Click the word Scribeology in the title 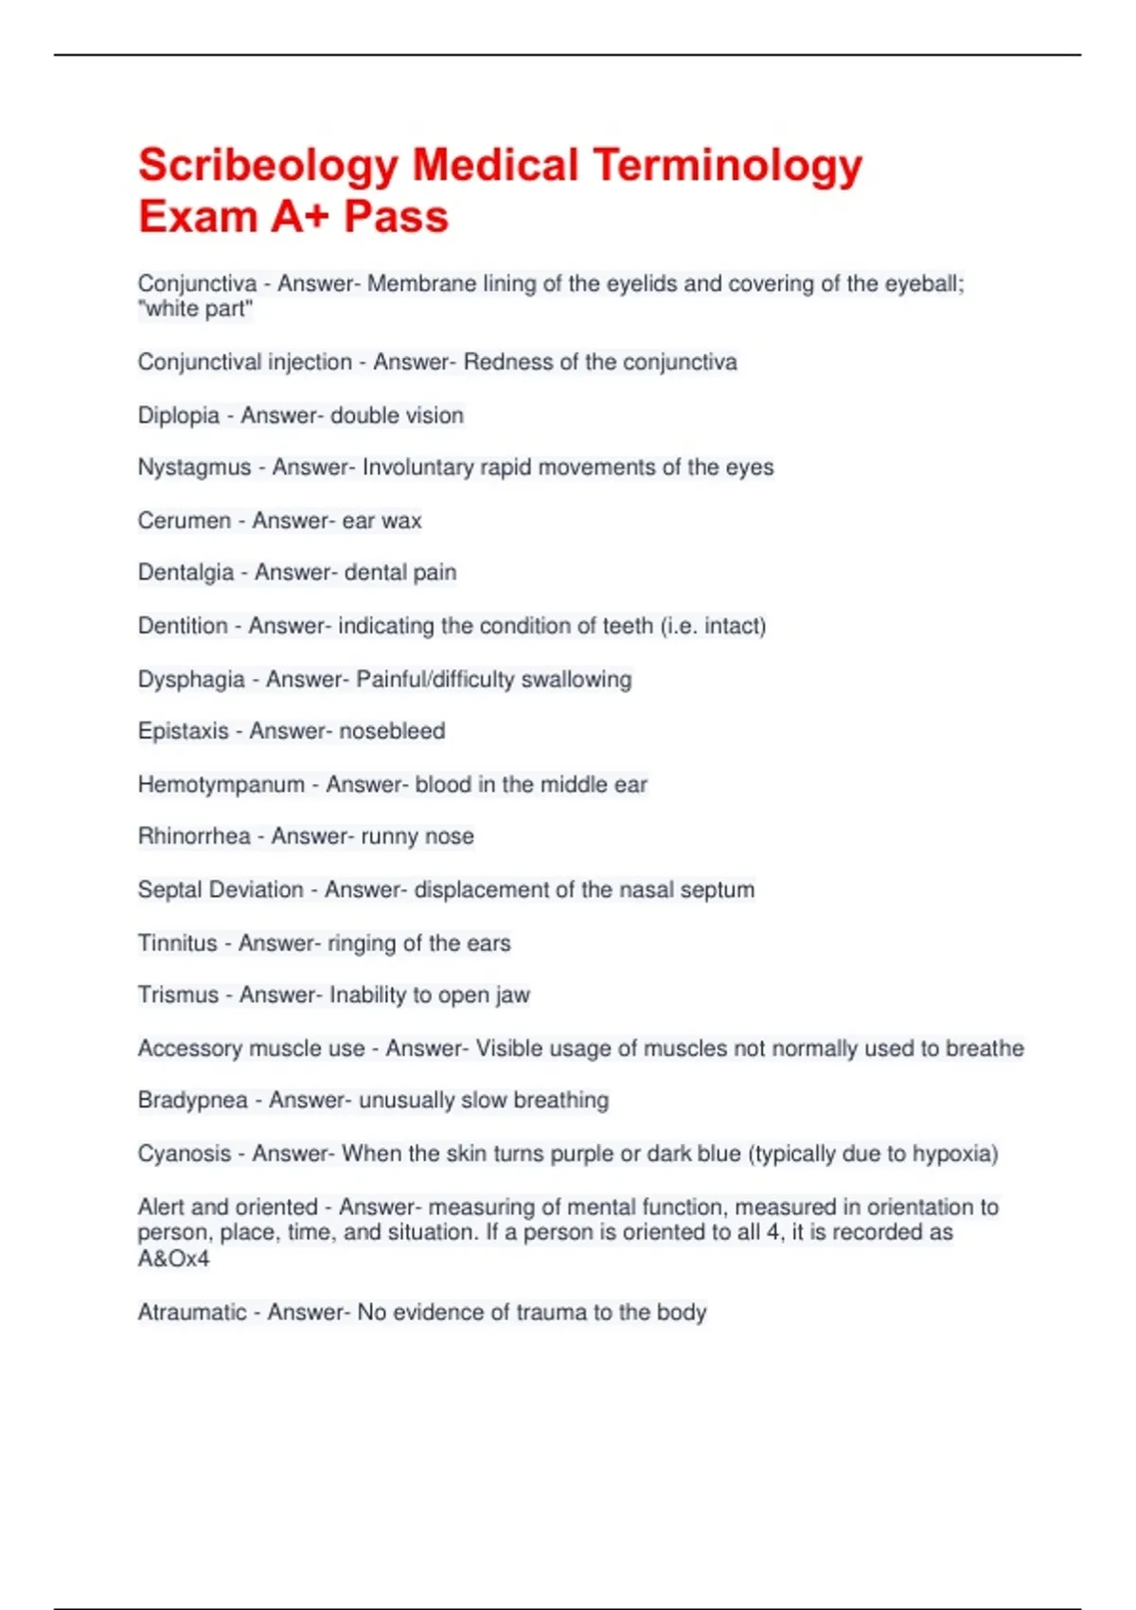268,167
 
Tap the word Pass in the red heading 396,217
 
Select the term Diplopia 178,416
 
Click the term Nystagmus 194,468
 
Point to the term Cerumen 184,521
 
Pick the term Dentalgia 186,573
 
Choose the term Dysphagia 190,680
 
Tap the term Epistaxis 183,731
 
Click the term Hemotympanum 221,785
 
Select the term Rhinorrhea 194,836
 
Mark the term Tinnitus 177,943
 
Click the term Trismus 178,995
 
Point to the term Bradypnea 192,1100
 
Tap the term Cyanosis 184,1154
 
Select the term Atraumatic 191,1313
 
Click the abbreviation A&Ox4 173,1260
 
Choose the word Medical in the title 495,167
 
